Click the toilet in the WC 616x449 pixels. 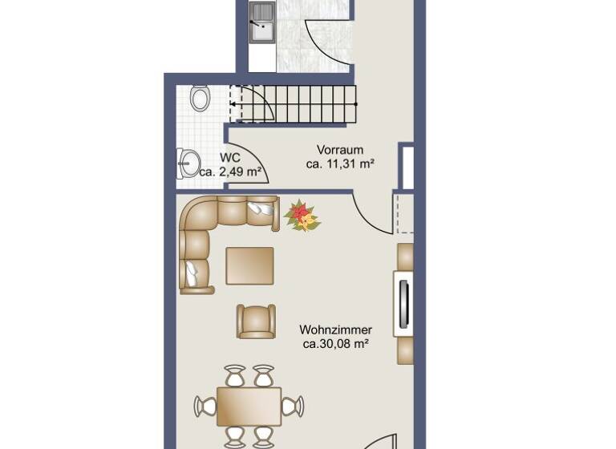pyautogui.click(x=201, y=99)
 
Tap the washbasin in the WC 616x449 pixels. pyautogui.click(x=188, y=163)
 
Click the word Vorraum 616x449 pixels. pyautogui.click(x=340, y=150)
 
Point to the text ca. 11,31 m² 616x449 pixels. pyautogui.click(x=341, y=164)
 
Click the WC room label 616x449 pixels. pyautogui.click(x=231, y=158)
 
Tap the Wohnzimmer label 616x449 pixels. pyautogui.click(x=335, y=330)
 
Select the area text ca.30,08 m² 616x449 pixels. pyautogui.click(x=335, y=344)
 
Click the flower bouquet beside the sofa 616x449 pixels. pyautogui.click(x=302, y=216)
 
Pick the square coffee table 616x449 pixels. pyautogui.click(x=249, y=266)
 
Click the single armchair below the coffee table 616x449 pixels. pyautogui.click(x=256, y=321)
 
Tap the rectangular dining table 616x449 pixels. pyautogui.click(x=249, y=407)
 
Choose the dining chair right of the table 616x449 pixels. pyautogui.click(x=292, y=407)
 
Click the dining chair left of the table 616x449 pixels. pyautogui.click(x=205, y=407)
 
